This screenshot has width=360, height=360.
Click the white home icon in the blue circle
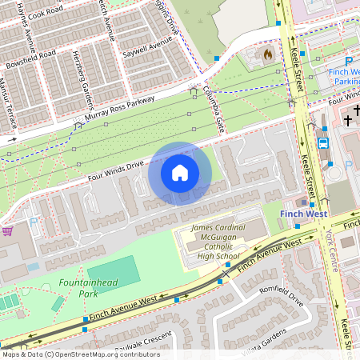(180, 172)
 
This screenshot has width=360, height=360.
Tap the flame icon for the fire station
(267, 54)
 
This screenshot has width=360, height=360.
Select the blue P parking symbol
(348, 61)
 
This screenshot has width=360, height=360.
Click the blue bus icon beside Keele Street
(323, 142)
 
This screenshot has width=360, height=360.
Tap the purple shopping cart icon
(7, 230)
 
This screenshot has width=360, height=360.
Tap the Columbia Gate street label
(213, 109)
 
